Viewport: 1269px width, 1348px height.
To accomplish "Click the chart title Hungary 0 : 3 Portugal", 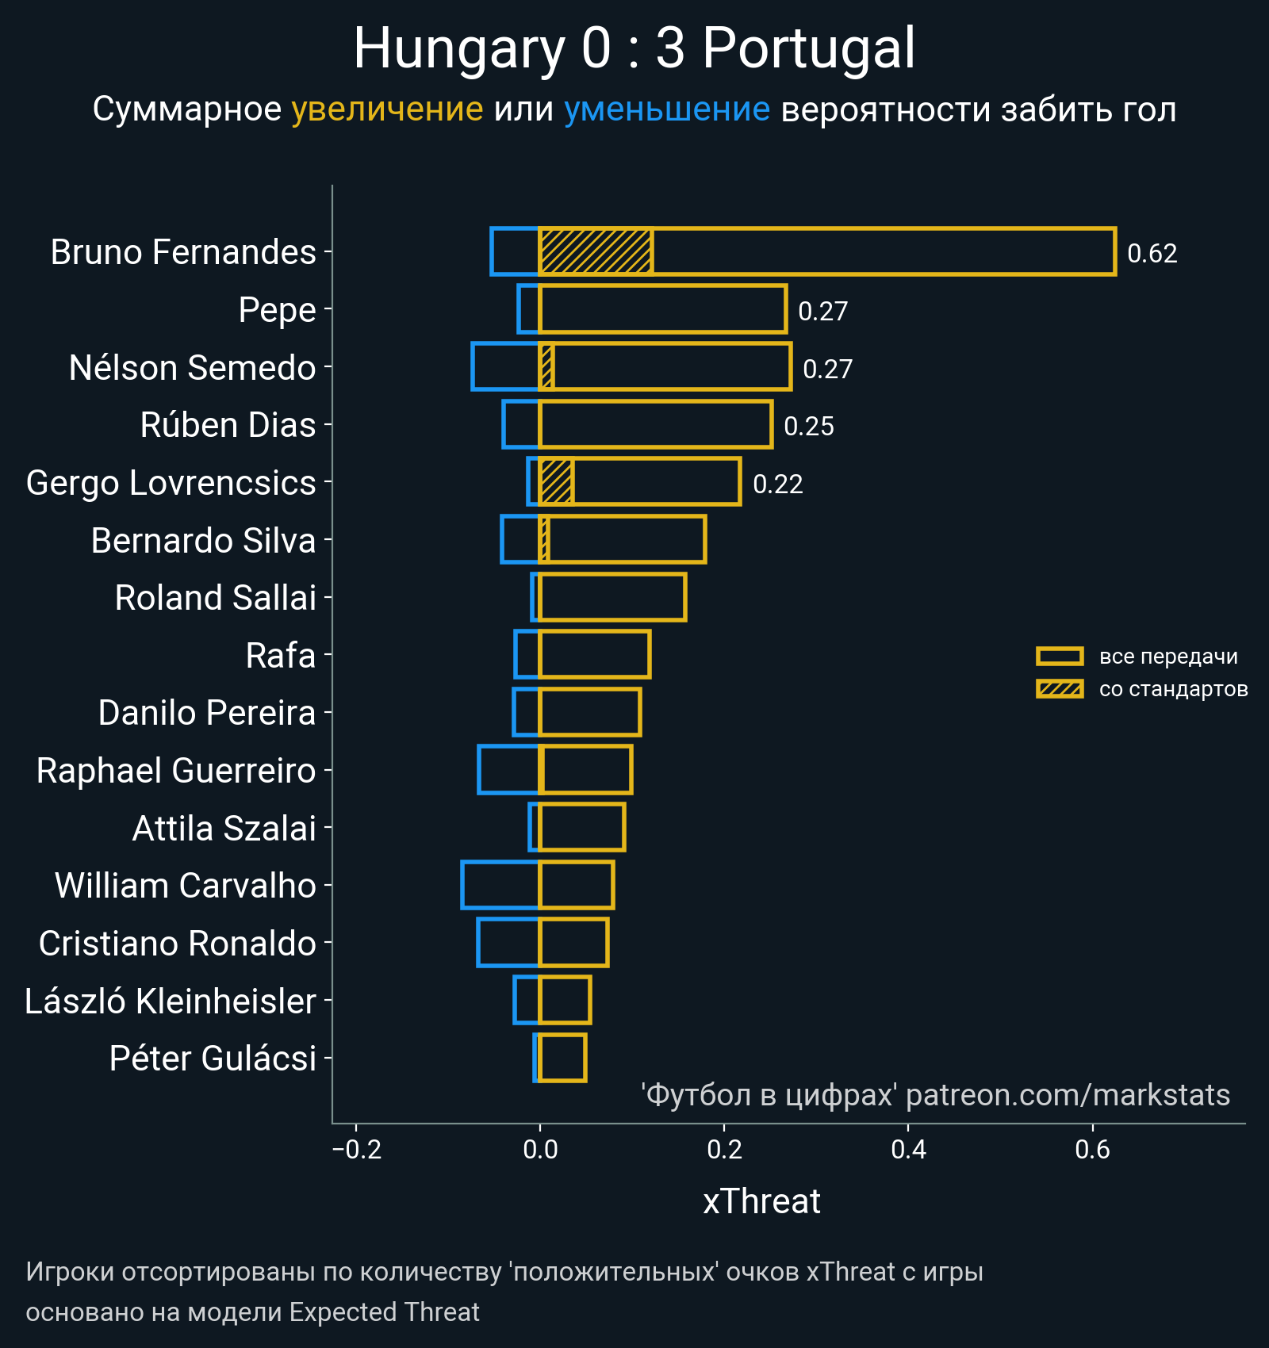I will coord(634,49).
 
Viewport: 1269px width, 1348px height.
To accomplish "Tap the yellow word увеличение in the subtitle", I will coord(387,109).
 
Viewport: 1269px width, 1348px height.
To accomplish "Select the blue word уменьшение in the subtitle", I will coord(666,109).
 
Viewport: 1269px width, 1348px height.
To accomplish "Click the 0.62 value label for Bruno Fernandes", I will coord(1152,254).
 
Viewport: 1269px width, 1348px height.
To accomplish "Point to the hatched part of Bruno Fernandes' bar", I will coord(596,251).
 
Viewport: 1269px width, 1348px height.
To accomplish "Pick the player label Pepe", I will coord(277,310).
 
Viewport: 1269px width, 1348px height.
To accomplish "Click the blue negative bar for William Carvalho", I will coord(500,885).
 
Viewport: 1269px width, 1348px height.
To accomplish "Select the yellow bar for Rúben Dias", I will coord(655,424).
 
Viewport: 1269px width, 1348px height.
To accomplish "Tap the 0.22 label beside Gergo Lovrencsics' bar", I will coord(777,484).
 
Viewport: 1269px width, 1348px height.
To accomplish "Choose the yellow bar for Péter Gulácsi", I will coord(562,1058).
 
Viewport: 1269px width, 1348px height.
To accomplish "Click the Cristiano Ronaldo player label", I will coord(178,944).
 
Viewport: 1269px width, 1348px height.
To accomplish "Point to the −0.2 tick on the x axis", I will coord(357,1149).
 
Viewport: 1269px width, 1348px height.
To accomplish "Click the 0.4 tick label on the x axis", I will coord(908,1149).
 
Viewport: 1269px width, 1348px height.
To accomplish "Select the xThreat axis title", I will coord(761,1201).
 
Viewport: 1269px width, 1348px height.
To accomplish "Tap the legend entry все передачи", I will coord(1167,657).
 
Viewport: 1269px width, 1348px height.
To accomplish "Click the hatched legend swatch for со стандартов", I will coord(1060,689).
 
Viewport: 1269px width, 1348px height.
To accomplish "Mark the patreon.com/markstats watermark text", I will coord(1068,1095).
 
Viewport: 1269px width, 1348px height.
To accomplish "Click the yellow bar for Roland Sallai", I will coord(611,597).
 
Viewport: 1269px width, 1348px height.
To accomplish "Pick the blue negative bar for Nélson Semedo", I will coord(505,366).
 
